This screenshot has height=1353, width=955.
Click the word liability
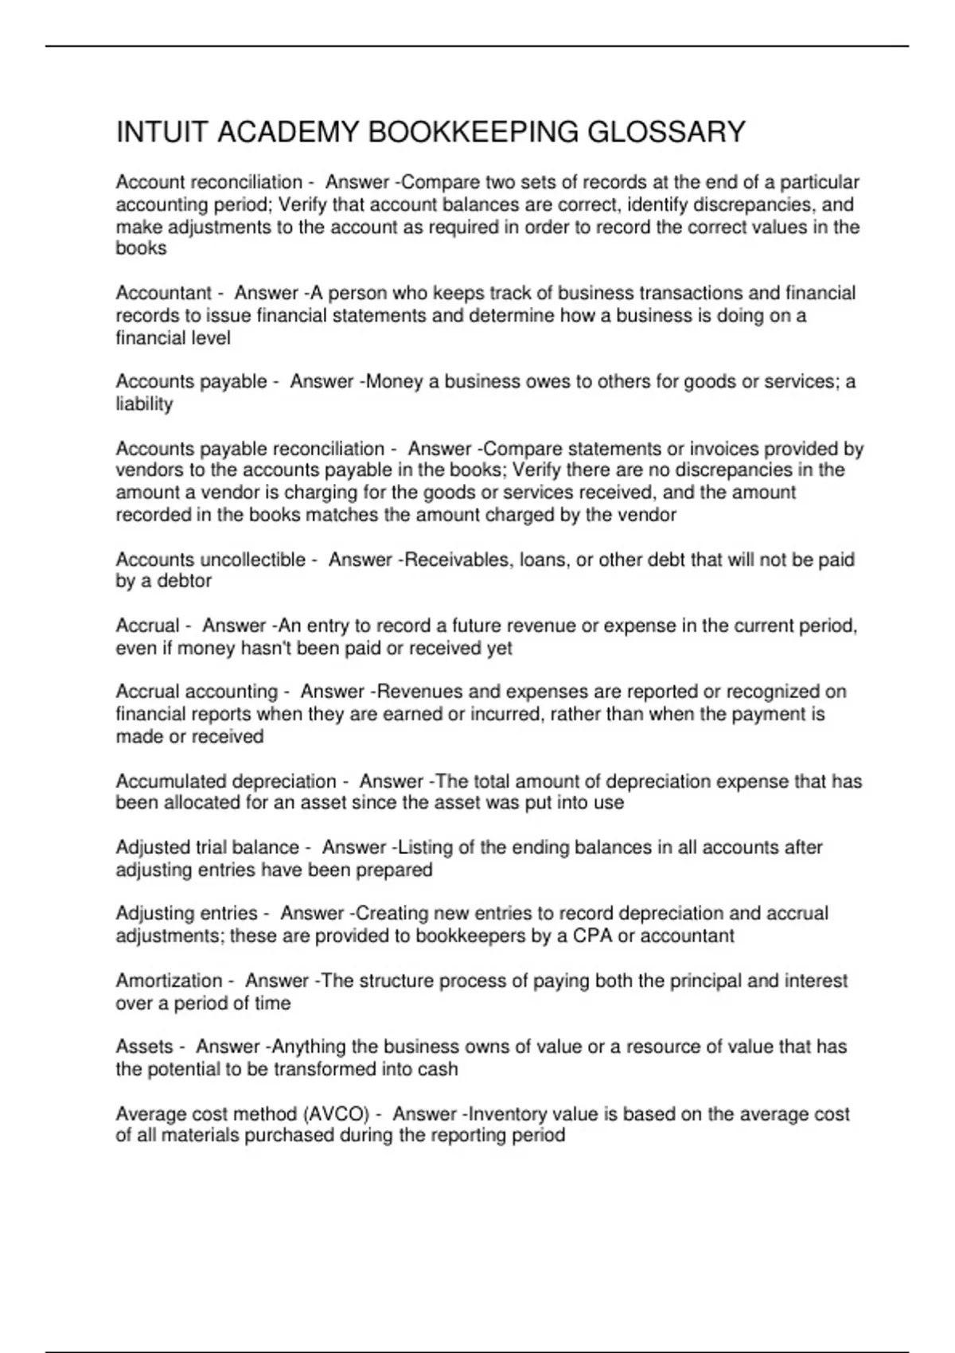[x=144, y=404]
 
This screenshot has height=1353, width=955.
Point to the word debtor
[x=184, y=581]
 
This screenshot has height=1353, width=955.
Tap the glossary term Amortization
[x=169, y=981]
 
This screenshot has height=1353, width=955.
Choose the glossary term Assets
[x=144, y=1047]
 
